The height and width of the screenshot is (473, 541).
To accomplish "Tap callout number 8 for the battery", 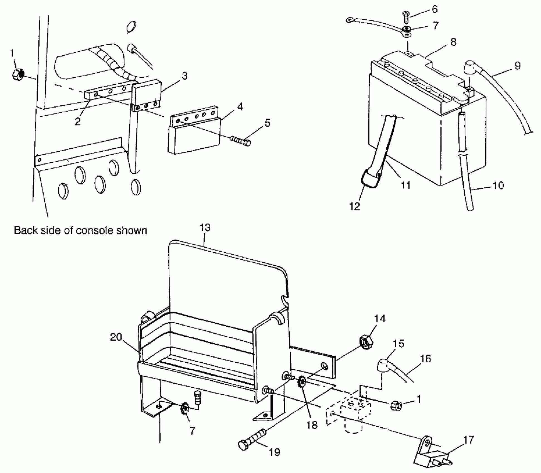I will point(453,42).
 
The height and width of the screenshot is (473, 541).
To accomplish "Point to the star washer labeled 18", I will point(303,383).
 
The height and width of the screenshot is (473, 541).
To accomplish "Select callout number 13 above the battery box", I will point(205,228).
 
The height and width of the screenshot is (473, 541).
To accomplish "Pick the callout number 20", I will point(116,337).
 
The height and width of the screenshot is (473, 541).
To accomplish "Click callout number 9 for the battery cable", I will point(517,66).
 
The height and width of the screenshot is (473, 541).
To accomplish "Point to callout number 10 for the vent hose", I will point(498,185).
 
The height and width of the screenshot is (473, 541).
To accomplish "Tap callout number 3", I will point(185,76).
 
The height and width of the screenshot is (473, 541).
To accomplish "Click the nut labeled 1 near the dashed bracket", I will point(396,406).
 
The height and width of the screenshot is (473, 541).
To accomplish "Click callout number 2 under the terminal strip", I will point(78,121).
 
